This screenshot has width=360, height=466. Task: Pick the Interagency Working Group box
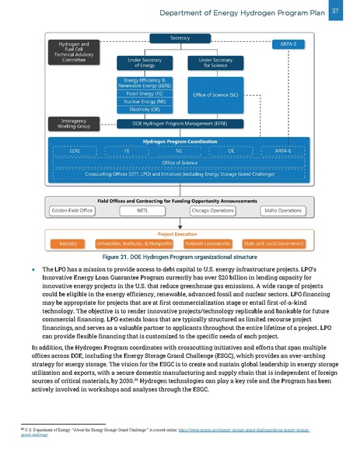(x=72, y=123)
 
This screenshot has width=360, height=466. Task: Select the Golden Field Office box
(x=71, y=210)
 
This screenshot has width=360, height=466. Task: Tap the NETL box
(x=142, y=210)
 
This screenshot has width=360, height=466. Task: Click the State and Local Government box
(x=274, y=244)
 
